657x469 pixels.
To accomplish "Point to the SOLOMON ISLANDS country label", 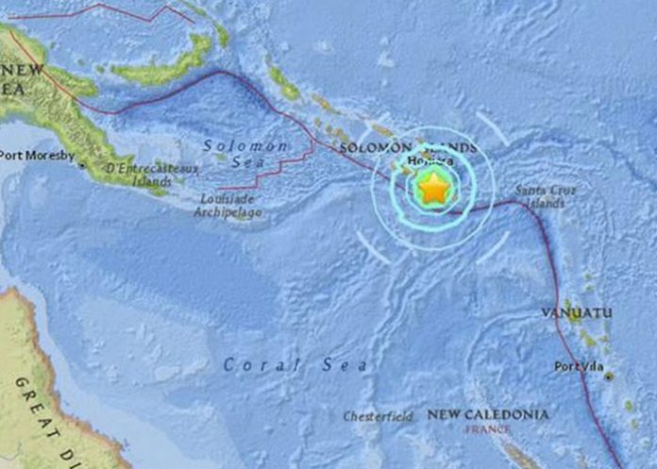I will click(407, 148).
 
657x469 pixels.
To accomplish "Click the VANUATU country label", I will click(578, 312).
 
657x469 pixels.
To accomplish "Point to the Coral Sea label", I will click(296, 364).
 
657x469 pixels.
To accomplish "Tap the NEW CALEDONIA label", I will click(488, 414).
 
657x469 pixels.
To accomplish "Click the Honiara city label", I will click(426, 162).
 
